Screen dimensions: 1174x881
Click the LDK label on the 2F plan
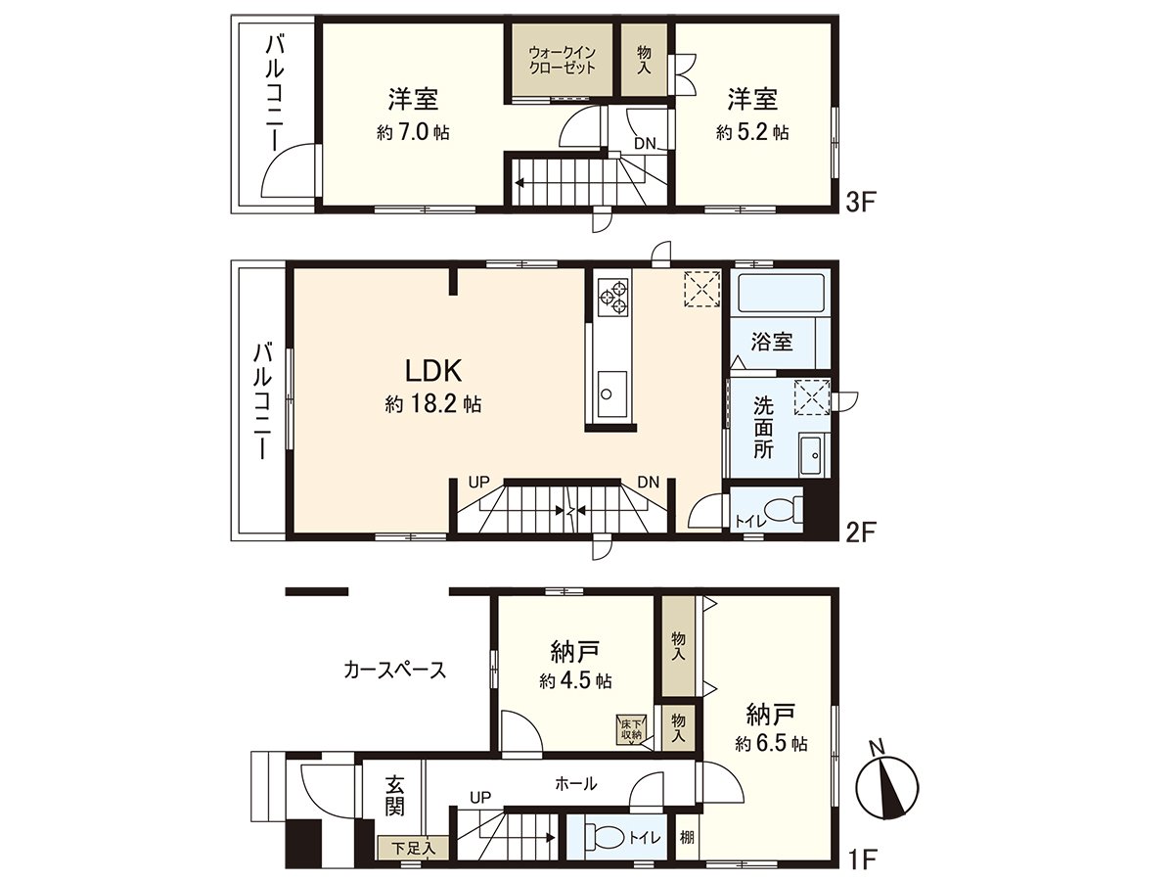[433, 371]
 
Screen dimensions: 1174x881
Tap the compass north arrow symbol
[887, 787]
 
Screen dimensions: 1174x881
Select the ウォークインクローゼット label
[563, 61]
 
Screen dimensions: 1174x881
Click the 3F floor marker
[860, 204]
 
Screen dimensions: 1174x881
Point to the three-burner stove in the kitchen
[612, 298]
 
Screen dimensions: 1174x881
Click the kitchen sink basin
[611, 394]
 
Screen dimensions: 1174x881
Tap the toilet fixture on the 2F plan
[784, 509]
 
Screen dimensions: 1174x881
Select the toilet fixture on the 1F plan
[605, 837]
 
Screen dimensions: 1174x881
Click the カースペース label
[394, 670]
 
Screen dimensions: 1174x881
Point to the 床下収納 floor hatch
[631, 729]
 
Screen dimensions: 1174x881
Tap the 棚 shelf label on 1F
[687, 837]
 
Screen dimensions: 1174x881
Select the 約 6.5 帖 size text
[771, 744]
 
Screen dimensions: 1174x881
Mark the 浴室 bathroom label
[771, 342]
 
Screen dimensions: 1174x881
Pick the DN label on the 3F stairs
[645, 143]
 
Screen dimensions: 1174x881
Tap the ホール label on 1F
[576, 784]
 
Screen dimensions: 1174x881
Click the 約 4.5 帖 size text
[575, 681]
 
